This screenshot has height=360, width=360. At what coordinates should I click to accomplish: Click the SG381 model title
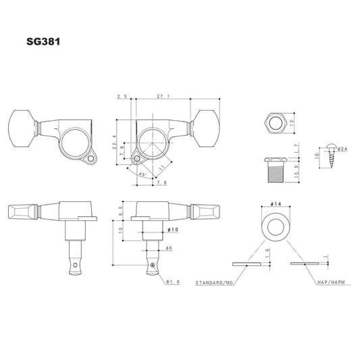tap(43, 42)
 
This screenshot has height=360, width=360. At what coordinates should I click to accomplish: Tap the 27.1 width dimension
tap(163, 97)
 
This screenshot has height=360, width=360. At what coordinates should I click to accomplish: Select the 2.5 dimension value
tap(122, 97)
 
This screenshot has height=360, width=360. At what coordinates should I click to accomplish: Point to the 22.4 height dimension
tap(115, 143)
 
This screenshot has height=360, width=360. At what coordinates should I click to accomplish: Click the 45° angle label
tap(143, 174)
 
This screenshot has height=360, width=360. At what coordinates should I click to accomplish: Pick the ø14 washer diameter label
tap(276, 204)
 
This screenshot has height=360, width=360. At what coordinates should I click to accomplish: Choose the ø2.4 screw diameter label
tap(342, 149)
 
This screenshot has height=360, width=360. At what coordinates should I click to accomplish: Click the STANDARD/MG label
tap(214, 282)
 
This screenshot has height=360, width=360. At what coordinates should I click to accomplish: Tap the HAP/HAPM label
tap(331, 282)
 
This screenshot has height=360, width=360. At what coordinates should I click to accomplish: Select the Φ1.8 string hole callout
tap(173, 282)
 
